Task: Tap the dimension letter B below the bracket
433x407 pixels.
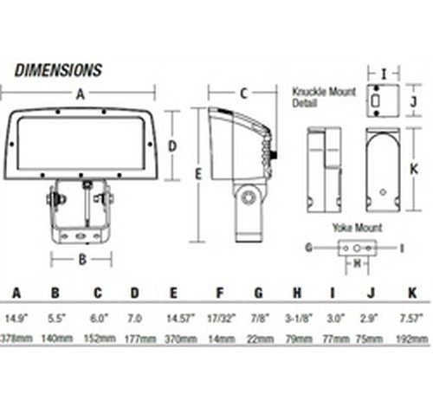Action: tap(81, 258)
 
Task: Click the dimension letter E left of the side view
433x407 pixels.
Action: tap(198, 174)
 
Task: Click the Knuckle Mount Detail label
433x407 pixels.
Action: tap(319, 97)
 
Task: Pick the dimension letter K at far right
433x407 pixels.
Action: tap(414, 168)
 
